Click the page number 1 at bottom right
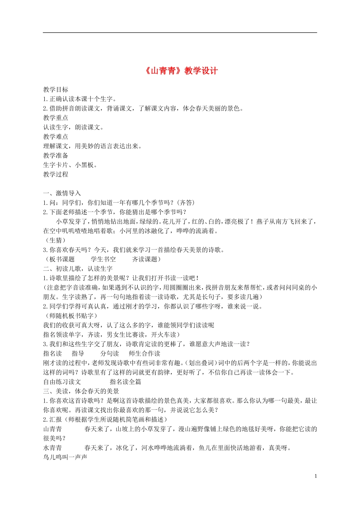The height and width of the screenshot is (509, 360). click(x=316, y=476)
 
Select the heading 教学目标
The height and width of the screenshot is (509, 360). click(x=56, y=90)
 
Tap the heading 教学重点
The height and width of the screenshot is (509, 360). click(x=56, y=118)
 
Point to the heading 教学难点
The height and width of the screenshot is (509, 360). click(x=56, y=137)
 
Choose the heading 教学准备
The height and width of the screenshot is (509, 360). click(x=56, y=156)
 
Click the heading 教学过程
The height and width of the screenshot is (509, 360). click(x=56, y=175)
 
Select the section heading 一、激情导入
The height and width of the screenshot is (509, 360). click(x=62, y=194)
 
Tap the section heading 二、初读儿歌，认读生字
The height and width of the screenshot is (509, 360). click(x=78, y=269)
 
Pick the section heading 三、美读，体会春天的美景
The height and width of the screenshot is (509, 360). click(x=81, y=391)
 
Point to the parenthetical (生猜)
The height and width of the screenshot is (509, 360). click(x=56, y=240)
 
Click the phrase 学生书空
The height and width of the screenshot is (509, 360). click(x=103, y=259)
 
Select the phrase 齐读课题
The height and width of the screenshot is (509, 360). click(x=144, y=259)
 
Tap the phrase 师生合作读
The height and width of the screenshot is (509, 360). click(x=144, y=354)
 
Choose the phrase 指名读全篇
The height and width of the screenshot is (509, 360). click(x=125, y=382)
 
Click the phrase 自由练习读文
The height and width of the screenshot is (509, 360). click(x=62, y=382)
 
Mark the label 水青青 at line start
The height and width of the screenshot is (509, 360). click(x=53, y=448)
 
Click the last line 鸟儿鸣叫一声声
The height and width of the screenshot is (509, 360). click(x=65, y=457)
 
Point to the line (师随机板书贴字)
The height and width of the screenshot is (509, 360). click(x=71, y=316)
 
